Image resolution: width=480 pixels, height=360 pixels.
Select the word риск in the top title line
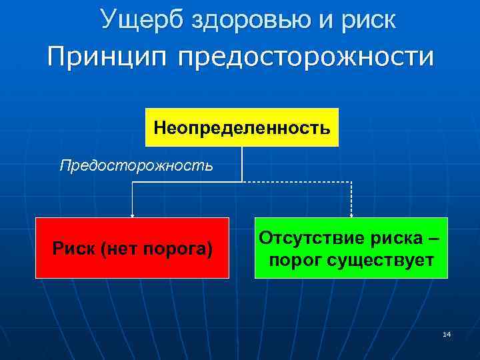pos(366,20)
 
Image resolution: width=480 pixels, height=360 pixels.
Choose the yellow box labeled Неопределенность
pos(242,127)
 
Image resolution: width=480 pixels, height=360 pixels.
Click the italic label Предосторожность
pos(137,165)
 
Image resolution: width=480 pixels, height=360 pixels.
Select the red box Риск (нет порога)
pos(132,247)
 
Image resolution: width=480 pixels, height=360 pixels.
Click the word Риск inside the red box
pos(72,249)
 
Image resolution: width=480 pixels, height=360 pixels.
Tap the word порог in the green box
pos(295,259)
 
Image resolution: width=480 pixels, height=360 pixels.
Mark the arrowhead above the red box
pos(132,215)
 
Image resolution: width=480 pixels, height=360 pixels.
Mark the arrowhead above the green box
pos(351,215)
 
